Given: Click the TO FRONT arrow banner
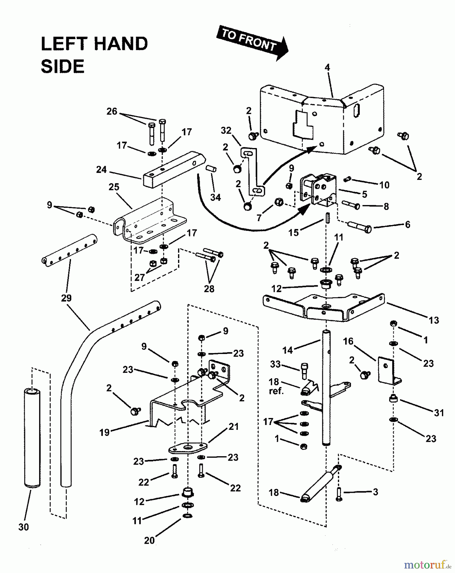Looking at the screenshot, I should point(252,43).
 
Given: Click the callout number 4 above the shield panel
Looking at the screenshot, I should point(327,67).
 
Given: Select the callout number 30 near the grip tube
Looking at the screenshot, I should point(24,527).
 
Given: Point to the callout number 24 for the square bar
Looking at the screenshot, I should point(101,170).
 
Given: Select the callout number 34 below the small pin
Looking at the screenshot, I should point(216,197).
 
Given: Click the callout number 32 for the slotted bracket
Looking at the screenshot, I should point(226,131).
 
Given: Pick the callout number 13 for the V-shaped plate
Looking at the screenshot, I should point(434,320).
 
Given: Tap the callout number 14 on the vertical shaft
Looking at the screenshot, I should point(287,350).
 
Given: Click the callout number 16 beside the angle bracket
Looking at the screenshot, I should point(348,341).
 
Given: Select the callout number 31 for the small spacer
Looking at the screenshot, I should point(439,413).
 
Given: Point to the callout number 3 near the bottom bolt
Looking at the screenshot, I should point(375,492).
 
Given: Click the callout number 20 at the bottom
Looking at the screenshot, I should point(149,540).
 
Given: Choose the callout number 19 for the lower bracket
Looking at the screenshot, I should point(104,432).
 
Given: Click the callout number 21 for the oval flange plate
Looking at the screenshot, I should point(233,427).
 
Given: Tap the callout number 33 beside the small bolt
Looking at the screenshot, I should point(275,364).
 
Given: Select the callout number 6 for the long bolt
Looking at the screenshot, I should point(407,224).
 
